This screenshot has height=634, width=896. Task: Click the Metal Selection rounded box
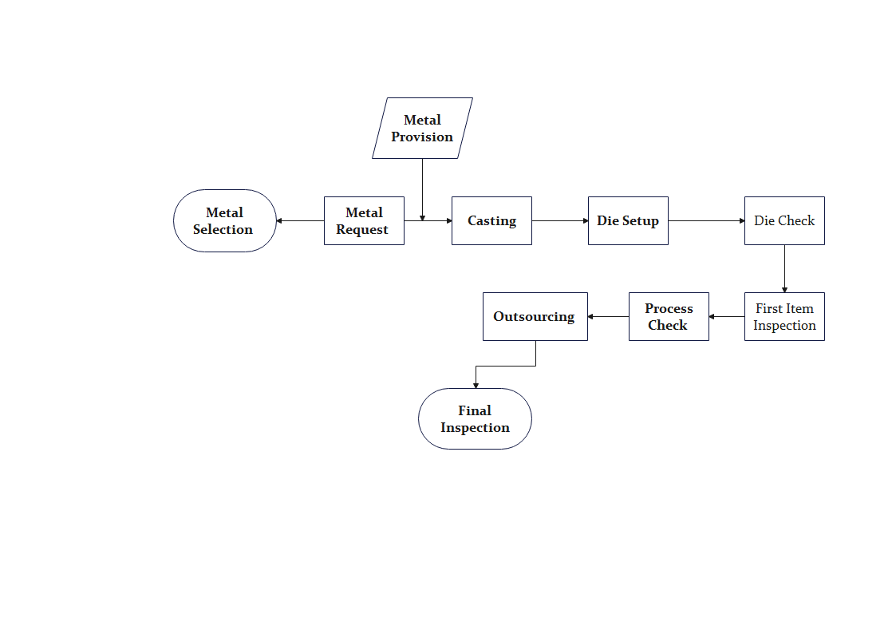pyautogui.click(x=224, y=220)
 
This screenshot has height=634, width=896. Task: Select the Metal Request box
pyautogui.click(x=364, y=220)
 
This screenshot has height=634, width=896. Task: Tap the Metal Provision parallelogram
pyautogui.click(x=422, y=128)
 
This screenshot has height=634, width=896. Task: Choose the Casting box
pyautogui.click(x=492, y=220)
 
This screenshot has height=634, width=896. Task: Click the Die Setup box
pyautogui.click(x=628, y=220)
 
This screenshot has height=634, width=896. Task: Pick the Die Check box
pyautogui.click(x=784, y=220)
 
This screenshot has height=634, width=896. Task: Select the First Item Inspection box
pyautogui.click(x=784, y=317)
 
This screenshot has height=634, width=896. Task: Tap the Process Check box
pyautogui.click(x=669, y=317)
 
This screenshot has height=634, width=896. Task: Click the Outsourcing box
pyautogui.click(x=535, y=317)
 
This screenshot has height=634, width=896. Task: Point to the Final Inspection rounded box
pyautogui.click(x=475, y=419)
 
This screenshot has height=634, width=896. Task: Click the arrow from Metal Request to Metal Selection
pyautogui.click(x=300, y=220)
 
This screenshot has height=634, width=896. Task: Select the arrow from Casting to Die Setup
pyautogui.click(x=560, y=220)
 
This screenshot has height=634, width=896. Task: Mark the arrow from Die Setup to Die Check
pyautogui.click(x=706, y=220)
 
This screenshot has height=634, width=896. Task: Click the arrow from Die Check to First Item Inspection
pyautogui.click(x=784, y=269)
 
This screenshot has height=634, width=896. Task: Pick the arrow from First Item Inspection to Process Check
pyautogui.click(x=726, y=317)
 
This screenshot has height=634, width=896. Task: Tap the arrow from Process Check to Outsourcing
pyautogui.click(x=608, y=317)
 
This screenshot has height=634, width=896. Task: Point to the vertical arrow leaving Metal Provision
pyautogui.click(x=422, y=190)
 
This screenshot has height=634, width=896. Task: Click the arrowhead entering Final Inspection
pyautogui.click(x=476, y=386)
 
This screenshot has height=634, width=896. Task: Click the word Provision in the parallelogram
pyautogui.click(x=422, y=137)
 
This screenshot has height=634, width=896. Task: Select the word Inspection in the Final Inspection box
pyautogui.click(x=475, y=428)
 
